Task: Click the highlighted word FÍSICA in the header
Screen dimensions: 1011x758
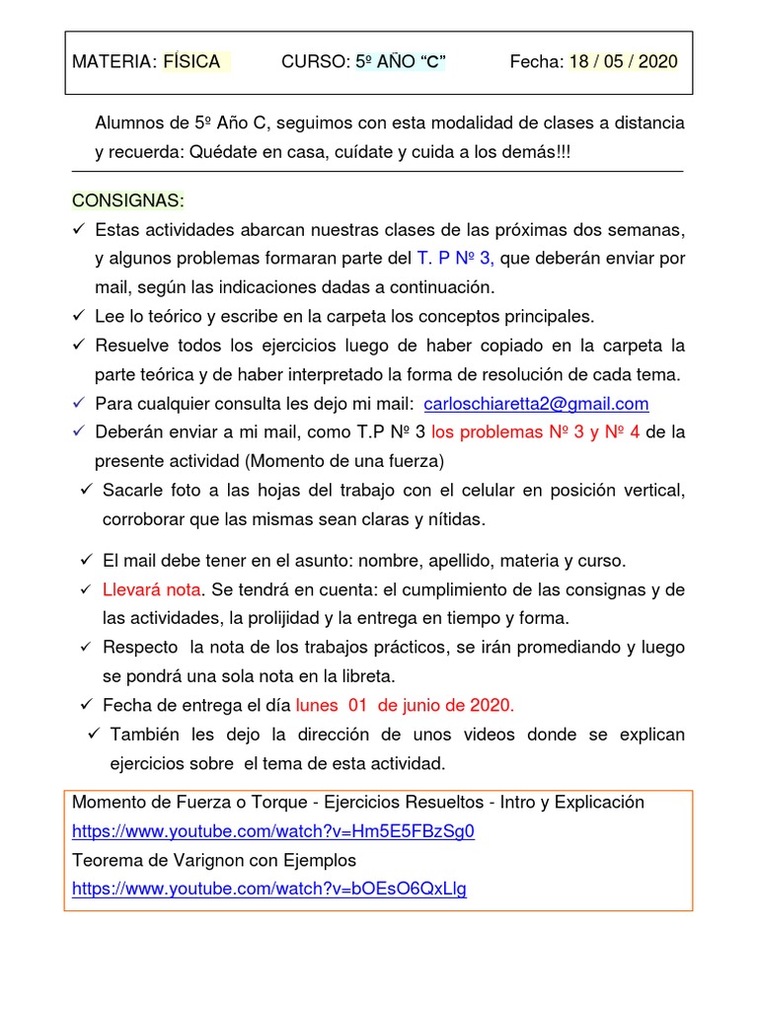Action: tap(191, 62)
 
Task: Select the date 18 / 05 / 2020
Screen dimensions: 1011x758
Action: tap(623, 62)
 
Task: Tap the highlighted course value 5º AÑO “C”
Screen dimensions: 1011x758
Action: tap(400, 62)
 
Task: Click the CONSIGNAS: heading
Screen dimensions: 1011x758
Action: tap(127, 200)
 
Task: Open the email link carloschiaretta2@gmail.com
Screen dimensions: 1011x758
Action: tap(535, 404)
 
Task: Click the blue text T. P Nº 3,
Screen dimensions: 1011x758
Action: tap(455, 259)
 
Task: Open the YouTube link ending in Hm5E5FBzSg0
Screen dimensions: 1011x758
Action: tap(273, 831)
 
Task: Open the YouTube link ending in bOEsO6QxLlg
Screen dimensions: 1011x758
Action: tap(269, 889)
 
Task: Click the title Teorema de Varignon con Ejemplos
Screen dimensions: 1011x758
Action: tap(214, 860)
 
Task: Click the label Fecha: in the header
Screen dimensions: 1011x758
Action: tap(536, 62)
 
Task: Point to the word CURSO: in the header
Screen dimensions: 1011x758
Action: tap(316, 62)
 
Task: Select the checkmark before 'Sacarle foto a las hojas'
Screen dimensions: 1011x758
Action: tap(87, 491)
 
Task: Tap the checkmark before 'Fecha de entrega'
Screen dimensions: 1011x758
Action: tap(87, 705)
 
